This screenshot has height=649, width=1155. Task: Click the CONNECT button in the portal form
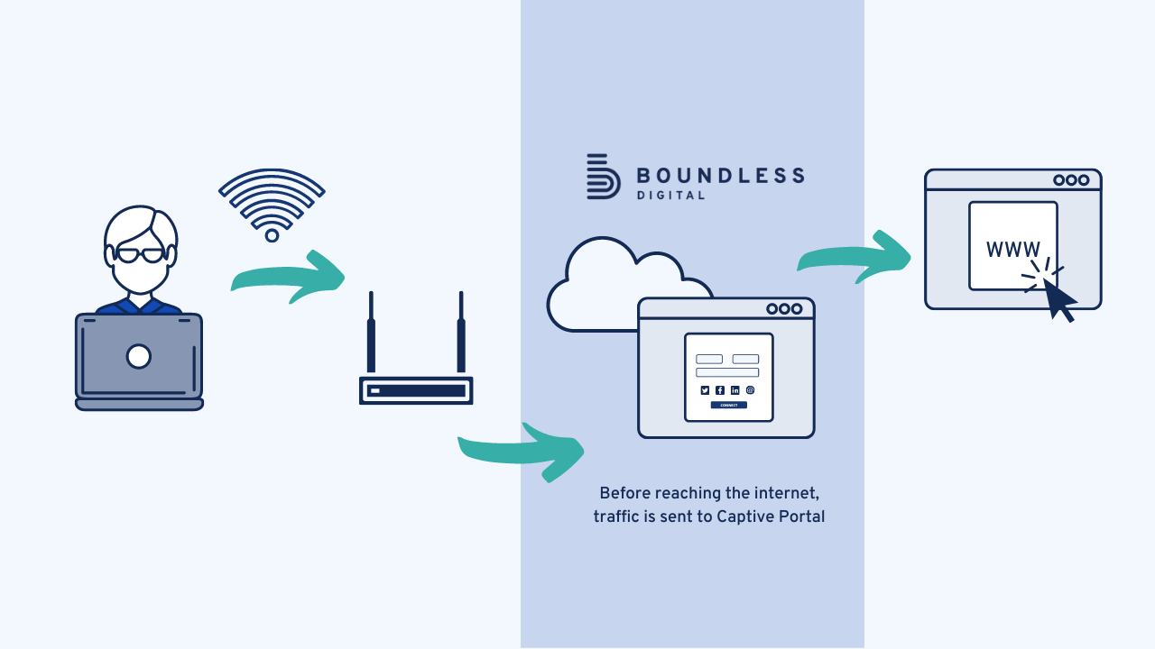[728, 406]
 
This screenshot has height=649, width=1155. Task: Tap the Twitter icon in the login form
[705, 390]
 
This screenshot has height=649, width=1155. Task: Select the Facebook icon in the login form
[720, 390]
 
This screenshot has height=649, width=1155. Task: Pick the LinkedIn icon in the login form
[735, 390]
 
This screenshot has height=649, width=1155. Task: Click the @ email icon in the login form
[750, 390]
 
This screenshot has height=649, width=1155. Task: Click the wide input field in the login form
[727, 372]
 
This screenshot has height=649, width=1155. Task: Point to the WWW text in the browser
[1012, 250]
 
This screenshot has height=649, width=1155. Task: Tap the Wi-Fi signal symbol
[272, 204]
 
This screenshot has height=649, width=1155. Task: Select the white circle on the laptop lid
[138, 357]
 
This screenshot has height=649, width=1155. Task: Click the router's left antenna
[371, 334]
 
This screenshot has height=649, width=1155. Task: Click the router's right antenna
[461, 334]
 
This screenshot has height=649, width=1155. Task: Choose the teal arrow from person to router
[289, 276]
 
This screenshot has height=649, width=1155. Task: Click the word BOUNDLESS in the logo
[720, 175]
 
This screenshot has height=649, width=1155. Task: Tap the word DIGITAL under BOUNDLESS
[670, 196]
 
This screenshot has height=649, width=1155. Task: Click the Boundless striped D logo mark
[602, 177]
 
